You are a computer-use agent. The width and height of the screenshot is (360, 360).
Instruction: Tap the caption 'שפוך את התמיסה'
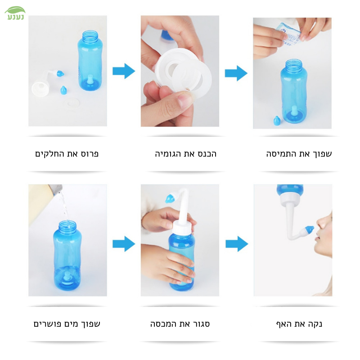click(x=299, y=154)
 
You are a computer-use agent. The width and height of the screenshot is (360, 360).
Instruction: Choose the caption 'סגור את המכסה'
click(x=180, y=324)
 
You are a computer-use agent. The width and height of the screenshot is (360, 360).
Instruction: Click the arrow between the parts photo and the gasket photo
click(x=124, y=71)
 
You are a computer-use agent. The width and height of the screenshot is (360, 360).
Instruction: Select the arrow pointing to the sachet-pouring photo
click(x=236, y=73)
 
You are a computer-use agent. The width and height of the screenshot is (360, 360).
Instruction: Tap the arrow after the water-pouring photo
click(x=124, y=244)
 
